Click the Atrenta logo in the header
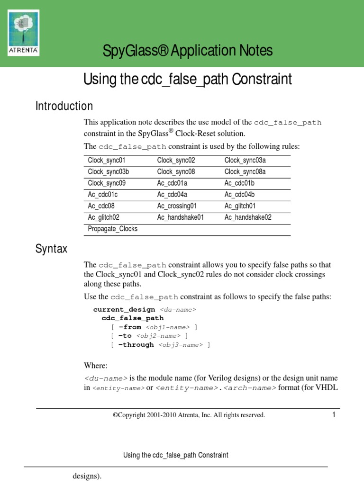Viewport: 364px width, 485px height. pyautogui.click(x=24, y=33)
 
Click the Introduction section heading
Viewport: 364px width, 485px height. pyautogui.click(x=64, y=106)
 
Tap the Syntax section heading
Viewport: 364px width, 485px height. pyautogui.click(x=51, y=249)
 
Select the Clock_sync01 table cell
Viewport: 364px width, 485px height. pyautogui.click(x=107, y=161)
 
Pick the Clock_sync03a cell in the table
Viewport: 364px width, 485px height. pyautogui.click(x=245, y=161)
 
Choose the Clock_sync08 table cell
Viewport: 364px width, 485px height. pyautogui.click(x=176, y=172)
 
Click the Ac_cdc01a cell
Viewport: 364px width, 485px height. pyautogui.click(x=173, y=183)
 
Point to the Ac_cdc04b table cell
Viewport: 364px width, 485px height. pyautogui.click(x=239, y=195)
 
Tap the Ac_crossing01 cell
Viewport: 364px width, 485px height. pyautogui.click(x=176, y=206)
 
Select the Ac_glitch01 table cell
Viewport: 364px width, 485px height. pyautogui.click(x=240, y=206)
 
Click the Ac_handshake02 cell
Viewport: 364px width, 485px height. pyautogui.click(x=248, y=217)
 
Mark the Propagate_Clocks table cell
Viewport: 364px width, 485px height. pyautogui.click(x=112, y=229)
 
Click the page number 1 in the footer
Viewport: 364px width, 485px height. pyautogui.click(x=334, y=415)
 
